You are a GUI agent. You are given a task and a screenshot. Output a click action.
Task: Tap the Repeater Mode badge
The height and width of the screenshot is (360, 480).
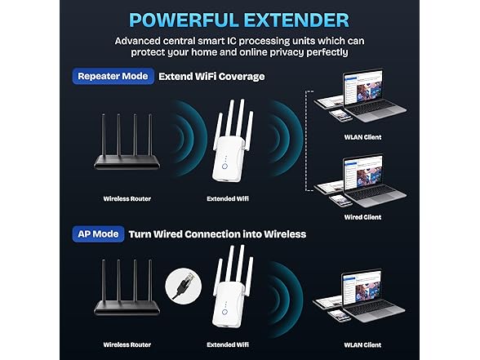tap(113, 77)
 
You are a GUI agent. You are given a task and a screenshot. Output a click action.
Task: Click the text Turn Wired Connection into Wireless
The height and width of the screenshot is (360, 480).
tap(217, 234)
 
